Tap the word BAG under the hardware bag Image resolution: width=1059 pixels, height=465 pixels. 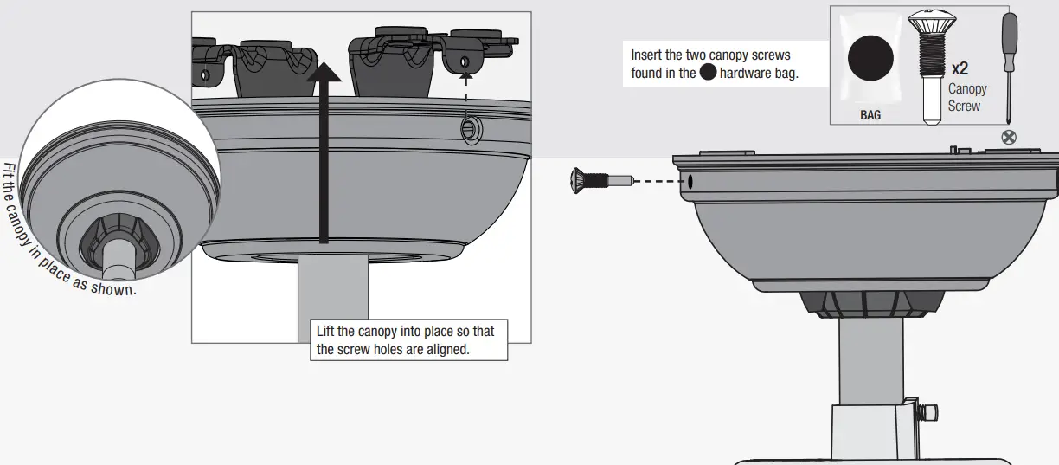pos(870,114)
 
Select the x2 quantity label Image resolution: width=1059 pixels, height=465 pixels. pos(960,68)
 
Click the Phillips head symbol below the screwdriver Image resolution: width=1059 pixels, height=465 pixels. pos(1008,136)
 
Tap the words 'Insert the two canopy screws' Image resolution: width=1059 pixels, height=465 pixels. pos(710,55)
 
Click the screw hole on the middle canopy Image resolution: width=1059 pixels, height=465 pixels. pos(468,129)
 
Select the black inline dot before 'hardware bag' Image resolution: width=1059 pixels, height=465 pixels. pos(708,73)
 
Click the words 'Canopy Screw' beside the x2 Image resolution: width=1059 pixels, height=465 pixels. pos(966,97)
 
